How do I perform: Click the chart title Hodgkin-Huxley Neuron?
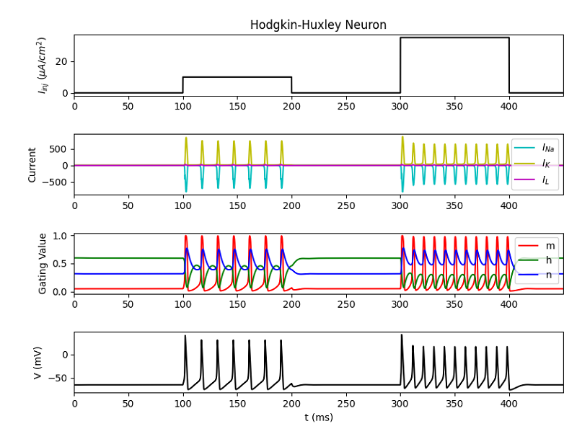(318, 25)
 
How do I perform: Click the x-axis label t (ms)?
(318, 417)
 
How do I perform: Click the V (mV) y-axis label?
(38, 363)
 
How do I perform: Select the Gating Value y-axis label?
(43, 263)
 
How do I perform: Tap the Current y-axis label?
(32, 164)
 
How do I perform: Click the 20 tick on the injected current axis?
(61, 62)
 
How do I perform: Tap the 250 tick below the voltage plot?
(345, 403)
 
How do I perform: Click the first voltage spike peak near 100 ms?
(185, 336)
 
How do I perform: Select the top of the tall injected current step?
(454, 37)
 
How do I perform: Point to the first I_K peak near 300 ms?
(402, 137)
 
